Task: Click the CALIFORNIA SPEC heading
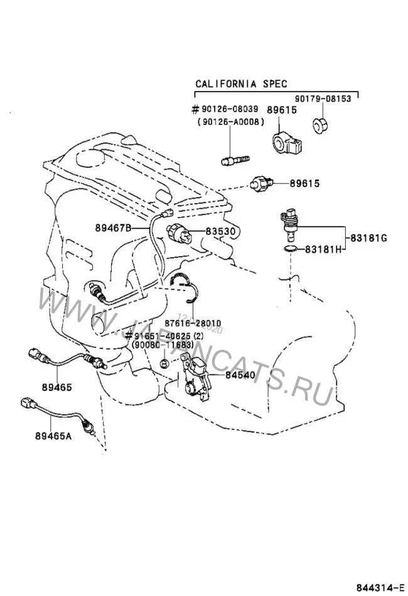click(241, 83)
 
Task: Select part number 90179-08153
click(327, 98)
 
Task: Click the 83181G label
click(368, 237)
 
